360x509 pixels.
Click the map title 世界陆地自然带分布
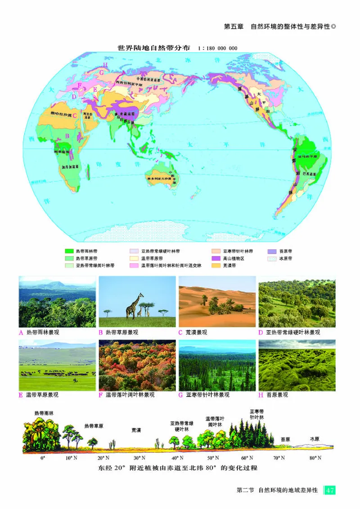pyautogui.click(x=153, y=47)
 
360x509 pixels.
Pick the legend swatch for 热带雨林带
pyautogui.click(x=69, y=251)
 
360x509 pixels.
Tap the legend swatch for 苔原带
pyautogui.click(x=272, y=251)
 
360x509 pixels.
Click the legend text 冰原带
pyautogui.click(x=286, y=259)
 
